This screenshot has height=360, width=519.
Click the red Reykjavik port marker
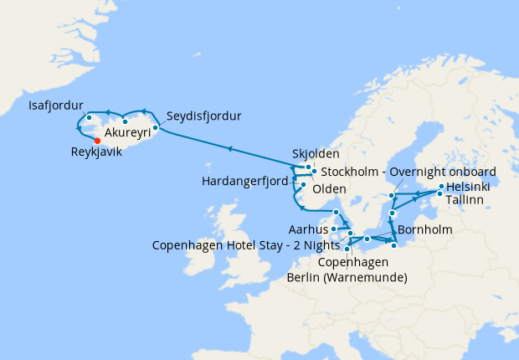click(x=98, y=141)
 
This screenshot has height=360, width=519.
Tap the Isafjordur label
click(x=56, y=105)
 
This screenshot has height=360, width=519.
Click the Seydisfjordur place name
click(x=203, y=116)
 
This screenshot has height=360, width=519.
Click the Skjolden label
click(x=316, y=154)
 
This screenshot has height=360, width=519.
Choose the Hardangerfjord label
click(x=244, y=180)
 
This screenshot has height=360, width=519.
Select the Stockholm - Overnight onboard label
click(x=409, y=172)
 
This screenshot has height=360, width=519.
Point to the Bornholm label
click(x=425, y=229)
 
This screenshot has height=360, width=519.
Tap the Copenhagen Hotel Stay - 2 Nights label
click(x=246, y=245)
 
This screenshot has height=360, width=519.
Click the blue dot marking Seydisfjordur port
click(x=156, y=127)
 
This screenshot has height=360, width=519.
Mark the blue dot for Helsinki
click(x=441, y=186)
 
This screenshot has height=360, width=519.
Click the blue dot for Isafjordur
click(x=88, y=117)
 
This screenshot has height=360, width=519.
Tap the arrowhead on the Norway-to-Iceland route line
click(x=227, y=150)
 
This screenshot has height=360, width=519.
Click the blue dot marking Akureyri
click(x=125, y=121)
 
